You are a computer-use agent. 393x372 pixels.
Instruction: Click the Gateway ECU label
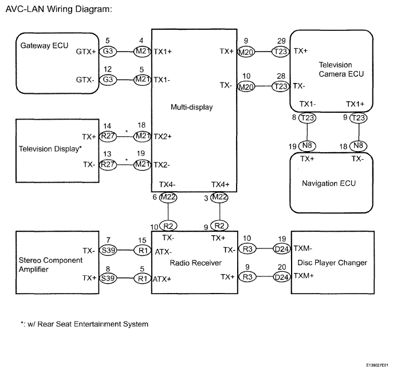pos(44,46)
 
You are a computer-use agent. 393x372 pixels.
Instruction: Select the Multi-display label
pos(192,107)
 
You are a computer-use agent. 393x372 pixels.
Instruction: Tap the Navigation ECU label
pos(329,183)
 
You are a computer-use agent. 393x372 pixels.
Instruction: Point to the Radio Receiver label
pos(196,263)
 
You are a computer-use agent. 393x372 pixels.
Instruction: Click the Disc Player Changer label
pos(332,263)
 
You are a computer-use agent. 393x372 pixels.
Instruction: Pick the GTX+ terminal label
pos(86,52)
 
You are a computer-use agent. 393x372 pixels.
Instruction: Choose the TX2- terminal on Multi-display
pos(162,165)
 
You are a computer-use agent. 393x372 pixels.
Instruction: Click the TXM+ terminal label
pos(304,276)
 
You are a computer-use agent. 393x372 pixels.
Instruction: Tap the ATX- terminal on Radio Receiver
pos(163,252)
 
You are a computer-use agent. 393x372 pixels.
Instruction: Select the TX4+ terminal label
pos(221,184)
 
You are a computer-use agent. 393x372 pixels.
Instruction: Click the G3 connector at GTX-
pos(108,80)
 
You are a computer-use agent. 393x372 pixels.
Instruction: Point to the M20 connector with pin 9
pos(246,52)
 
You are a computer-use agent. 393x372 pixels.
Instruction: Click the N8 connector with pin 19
pos(307,145)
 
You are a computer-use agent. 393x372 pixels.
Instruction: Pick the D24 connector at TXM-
pos(281,249)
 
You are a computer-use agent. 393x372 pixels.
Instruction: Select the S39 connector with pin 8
pos(108,278)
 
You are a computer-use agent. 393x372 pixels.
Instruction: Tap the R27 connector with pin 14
pos(108,136)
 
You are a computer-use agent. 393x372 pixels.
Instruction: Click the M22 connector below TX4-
pos(168,197)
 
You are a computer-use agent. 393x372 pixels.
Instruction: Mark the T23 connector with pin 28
pos(281,86)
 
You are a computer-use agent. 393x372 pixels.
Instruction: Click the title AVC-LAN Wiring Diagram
pos(58,9)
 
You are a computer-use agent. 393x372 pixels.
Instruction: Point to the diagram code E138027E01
pos(377,365)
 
